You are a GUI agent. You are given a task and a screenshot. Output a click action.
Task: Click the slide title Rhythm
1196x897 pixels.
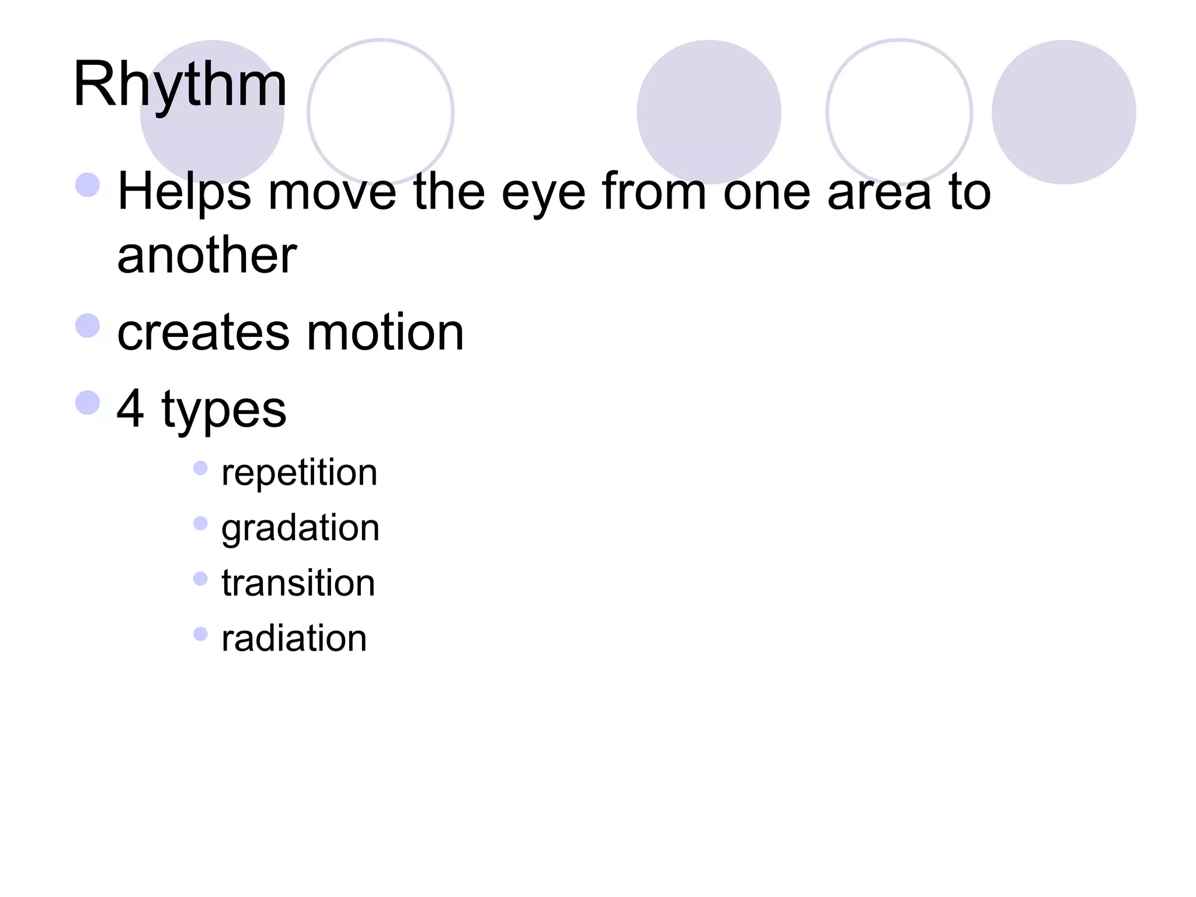pos(180,85)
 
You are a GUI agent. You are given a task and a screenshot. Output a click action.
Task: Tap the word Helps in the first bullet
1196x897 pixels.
pos(185,192)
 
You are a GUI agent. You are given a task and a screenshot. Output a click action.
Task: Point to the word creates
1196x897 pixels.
pos(203,333)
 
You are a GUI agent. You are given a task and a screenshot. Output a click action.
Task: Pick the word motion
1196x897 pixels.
pos(385,333)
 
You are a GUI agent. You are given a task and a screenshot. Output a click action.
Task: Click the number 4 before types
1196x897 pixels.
pos(130,408)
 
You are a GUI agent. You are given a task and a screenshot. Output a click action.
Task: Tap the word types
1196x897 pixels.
pos(224,411)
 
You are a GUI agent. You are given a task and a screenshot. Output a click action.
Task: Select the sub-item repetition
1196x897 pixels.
pos(299,472)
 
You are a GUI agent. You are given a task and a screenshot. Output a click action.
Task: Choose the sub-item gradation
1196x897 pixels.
pos(300,529)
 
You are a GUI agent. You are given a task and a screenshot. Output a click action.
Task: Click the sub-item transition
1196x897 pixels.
pos(298,583)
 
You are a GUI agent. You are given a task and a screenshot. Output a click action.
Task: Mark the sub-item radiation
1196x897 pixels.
pos(294,638)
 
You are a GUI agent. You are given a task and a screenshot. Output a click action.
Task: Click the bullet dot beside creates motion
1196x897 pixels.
pos(88,325)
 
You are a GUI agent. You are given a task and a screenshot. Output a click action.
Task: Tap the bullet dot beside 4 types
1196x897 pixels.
pos(88,402)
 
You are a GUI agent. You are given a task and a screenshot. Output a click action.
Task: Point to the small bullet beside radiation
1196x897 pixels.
pos(200,634)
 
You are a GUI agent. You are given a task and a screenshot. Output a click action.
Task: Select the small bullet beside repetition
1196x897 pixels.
pos(200,468)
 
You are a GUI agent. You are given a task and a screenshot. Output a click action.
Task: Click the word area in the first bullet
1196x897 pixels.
pos(879,193)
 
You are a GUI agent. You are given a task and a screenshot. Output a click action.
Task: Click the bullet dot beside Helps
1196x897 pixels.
pos(88,185)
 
